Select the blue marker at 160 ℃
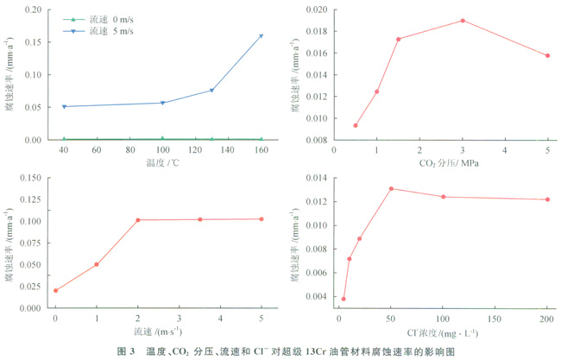coord(261,36)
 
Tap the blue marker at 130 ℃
coord(211,91)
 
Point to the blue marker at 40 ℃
coord(64,107)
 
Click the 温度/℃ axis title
coord(162,162)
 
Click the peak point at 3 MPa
coord(463,21)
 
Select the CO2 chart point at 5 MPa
coord(547,56)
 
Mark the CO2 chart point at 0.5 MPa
coord(356,125)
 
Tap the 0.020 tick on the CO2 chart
coord(316,9)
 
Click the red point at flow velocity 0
coord(55,291)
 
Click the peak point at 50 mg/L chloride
coord(391,188)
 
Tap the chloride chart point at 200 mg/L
coord(547,199)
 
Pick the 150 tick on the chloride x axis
coord(495,319)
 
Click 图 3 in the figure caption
coord(126,351)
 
